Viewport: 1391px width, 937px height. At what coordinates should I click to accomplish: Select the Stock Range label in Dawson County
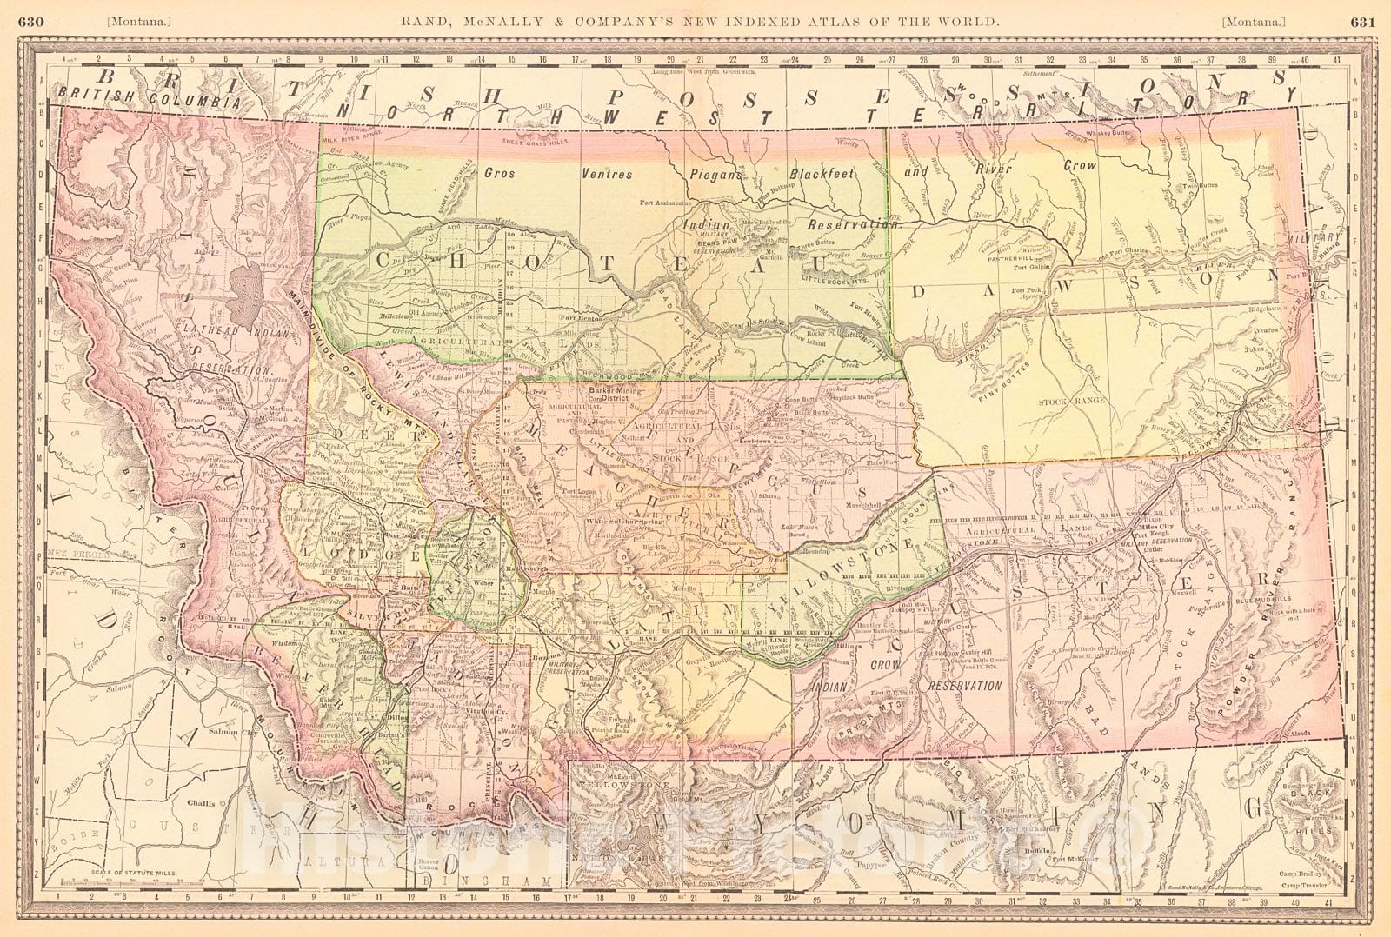(x=1064, y=402)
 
